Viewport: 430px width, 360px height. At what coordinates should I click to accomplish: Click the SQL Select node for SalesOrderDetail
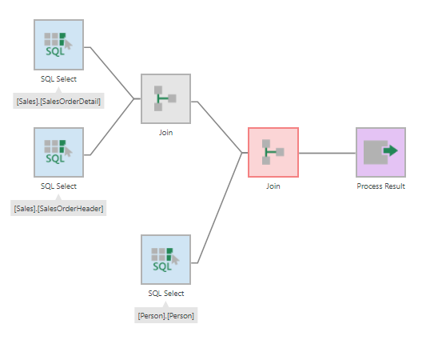tap(58, 46)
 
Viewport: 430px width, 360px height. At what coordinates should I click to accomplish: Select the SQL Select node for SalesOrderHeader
tap(58, 152)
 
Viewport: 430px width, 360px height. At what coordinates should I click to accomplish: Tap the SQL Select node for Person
tap(165, 259)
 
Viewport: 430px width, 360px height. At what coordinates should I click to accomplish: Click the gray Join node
tap(165, 99)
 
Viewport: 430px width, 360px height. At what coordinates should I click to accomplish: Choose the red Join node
tap(273, 152)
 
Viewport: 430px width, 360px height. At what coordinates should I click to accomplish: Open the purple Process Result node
tap(380, 152)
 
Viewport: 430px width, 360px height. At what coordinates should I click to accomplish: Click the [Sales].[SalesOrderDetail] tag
tap(58, 102)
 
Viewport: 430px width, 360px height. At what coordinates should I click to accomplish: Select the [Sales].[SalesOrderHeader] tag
tap(58, 208)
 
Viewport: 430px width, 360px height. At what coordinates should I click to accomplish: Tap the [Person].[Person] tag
tap(165, 315)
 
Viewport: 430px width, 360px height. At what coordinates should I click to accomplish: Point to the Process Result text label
tap(380, 186)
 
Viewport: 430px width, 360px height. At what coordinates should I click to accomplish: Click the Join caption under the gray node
tap(165, 133)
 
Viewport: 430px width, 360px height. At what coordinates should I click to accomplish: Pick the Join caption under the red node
tap(273, 186)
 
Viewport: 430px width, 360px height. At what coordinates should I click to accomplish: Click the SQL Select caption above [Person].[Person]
tap(165, 293)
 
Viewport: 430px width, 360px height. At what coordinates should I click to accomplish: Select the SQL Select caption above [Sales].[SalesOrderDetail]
tap(58, 79)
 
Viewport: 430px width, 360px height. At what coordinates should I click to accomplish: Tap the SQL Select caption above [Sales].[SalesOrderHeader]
tap(58, 186)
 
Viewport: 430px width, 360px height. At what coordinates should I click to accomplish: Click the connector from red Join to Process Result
tap(327, 152)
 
